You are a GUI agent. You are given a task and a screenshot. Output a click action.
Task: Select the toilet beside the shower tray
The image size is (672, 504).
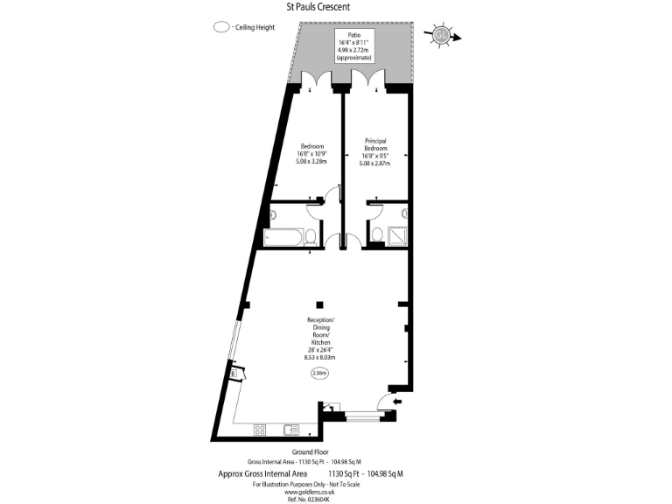pyautogui.click(x=376, y=234)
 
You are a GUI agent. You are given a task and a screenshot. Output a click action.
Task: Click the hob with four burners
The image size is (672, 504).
pyautogui.click(x=260, y=429)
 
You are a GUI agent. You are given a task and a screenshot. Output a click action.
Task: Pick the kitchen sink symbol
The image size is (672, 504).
pyautogui.click(x=291, y=429)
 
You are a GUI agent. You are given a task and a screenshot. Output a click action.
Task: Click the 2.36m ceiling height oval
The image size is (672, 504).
pyautogui.click(x=321, y=374)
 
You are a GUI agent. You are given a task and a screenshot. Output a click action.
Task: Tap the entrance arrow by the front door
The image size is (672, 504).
pyautogui.click(x=398, y=402)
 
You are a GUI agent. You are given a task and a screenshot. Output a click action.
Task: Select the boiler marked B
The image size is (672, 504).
pyautogui.click(x=234, y=374)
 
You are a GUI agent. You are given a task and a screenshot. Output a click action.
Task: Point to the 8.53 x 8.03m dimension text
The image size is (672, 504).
pyautogui.click(x=321, y=357)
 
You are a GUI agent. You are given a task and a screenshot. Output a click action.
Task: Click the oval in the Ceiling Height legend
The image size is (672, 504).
pyautogui.click(x=220, y=28)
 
